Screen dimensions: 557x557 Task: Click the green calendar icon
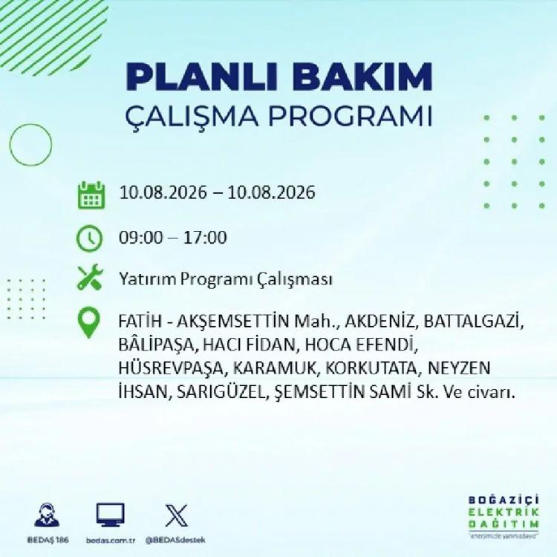tap(91, 195)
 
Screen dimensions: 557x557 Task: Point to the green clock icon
tap(90, 238)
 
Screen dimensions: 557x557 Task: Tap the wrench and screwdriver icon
tap(90, 278)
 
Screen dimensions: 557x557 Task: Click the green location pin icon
tap(89, 322)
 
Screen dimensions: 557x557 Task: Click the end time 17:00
tap(205, 238)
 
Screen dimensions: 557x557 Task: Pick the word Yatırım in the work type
tap(148, 279)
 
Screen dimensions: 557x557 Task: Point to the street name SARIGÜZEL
tap(221, 392)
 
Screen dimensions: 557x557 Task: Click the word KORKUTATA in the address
tap(371, 368)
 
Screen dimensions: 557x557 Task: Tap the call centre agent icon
tap(48, 515)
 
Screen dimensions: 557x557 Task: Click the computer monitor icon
tap(111, 515)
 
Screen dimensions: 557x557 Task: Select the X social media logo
tap(177, 515)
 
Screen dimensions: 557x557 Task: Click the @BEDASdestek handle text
tap(175, 540)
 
